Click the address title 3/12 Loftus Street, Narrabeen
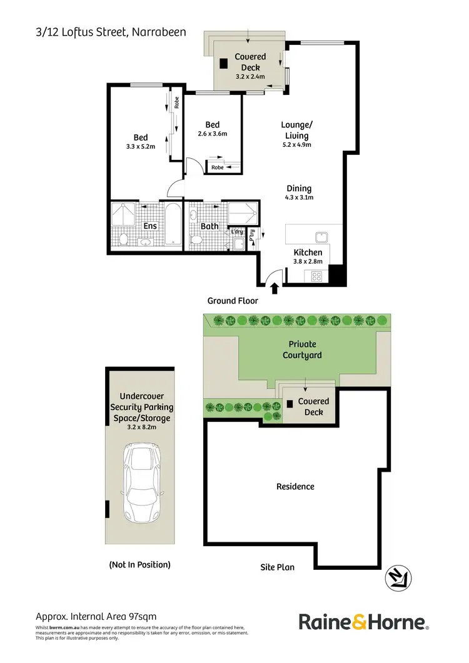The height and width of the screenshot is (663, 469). (x=111, y=32)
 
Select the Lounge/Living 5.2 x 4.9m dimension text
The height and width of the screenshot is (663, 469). (x=296, y=144)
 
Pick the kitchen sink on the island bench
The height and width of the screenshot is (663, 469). (x=323, y=237)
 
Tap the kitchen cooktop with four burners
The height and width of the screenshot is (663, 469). (x=316, y=276)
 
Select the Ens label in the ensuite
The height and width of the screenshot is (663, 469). (x=150, y=226)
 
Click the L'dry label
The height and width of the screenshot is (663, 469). (x=236, y=232)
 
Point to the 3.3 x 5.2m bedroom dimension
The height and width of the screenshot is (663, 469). (x=140, y=147)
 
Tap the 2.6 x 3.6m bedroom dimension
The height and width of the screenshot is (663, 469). (x=212, y=133)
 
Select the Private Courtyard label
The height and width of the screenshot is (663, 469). (x=302, y=349)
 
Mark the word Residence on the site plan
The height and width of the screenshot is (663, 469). (x=295, y=486)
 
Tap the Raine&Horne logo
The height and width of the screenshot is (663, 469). (x=363, y=622)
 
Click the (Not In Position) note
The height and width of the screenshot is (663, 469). (x=139, y=564)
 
